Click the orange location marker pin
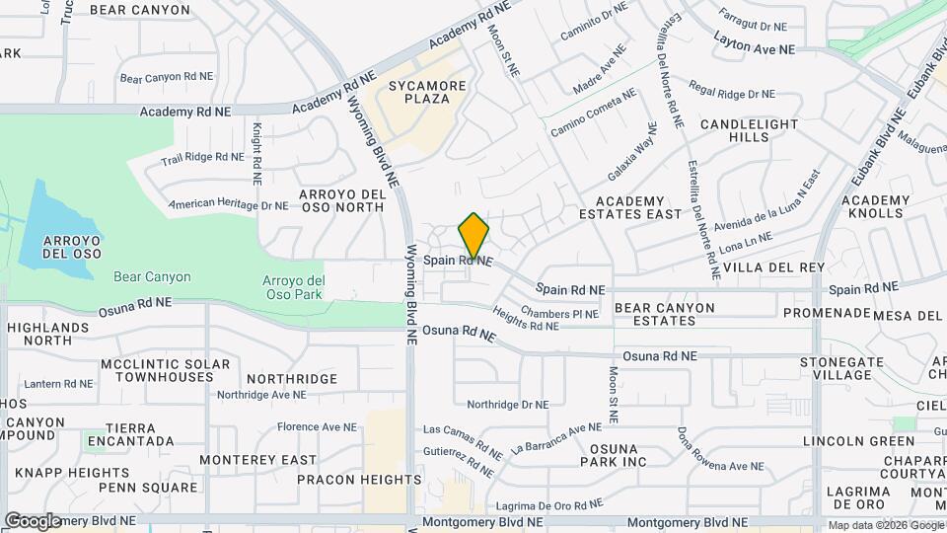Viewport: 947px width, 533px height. pyautogui.click(x=473, y=236)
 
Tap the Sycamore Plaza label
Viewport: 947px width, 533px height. pyautogui.click(x=427, y=93)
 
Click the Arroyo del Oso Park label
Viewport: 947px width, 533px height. pyautogui.click(x=293, y=287)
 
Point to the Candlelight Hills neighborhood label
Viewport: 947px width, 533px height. pyautogui.click(x=749, y=130)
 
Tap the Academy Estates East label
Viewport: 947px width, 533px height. pyautogui.click(x=630, y=207)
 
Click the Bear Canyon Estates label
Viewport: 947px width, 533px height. pyautogui.click(x=664, y=314)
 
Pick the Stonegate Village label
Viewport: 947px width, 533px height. pyautogui.click(x=836, y=368)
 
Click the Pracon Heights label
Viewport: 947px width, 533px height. pyautogui.click(x=359, y=480)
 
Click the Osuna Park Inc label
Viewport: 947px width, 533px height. pyautogui.click(x=613, y=454)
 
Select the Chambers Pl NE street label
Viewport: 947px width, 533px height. pyautogui.click(x=559, y=314)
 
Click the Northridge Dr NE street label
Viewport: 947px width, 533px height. pyautogui.click(x=507, y=405)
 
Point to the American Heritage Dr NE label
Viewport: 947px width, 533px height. pyautogui.click(x=228, y=205)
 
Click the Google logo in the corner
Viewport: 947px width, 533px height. pyautogui.click(x=33, y=520)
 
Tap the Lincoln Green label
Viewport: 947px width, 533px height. pyautogui.click(x=858, y=441)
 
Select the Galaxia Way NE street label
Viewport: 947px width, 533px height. pyautogui.click(x=632, y=150)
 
